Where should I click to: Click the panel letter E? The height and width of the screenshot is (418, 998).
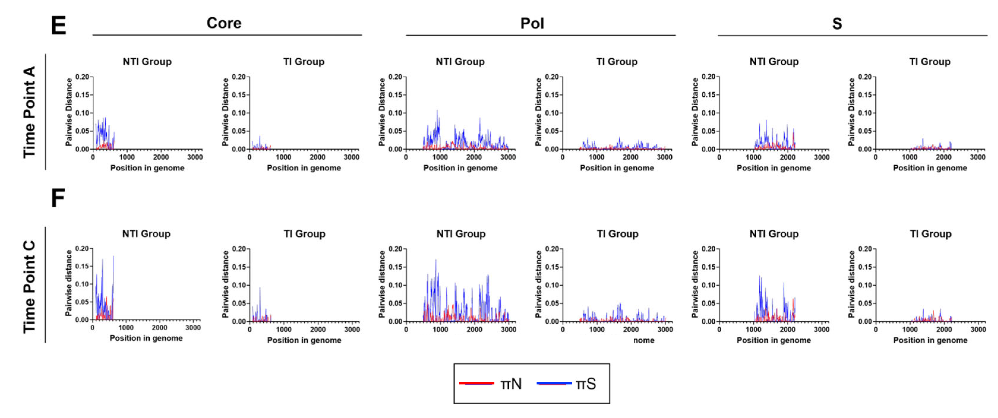coord(58,26)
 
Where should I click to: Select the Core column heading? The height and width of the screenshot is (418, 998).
coord(224,23)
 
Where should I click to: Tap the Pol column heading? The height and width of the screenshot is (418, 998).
coord(532,23)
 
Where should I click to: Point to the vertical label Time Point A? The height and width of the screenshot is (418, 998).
coord(29,112)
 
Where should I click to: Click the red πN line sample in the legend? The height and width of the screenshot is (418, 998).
coord(476,383)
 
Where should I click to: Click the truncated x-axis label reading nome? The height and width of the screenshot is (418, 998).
coord(643,340)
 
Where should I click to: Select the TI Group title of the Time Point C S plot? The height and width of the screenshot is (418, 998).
coord(931,234)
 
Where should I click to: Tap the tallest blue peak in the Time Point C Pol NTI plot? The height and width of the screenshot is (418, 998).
coord(436,260)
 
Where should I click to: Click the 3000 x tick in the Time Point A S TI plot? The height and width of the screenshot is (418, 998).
coord(978,157)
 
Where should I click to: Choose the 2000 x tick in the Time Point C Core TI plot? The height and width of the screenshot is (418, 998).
coord(318,329)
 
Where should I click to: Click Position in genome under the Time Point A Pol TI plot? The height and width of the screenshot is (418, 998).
coord(617,168)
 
